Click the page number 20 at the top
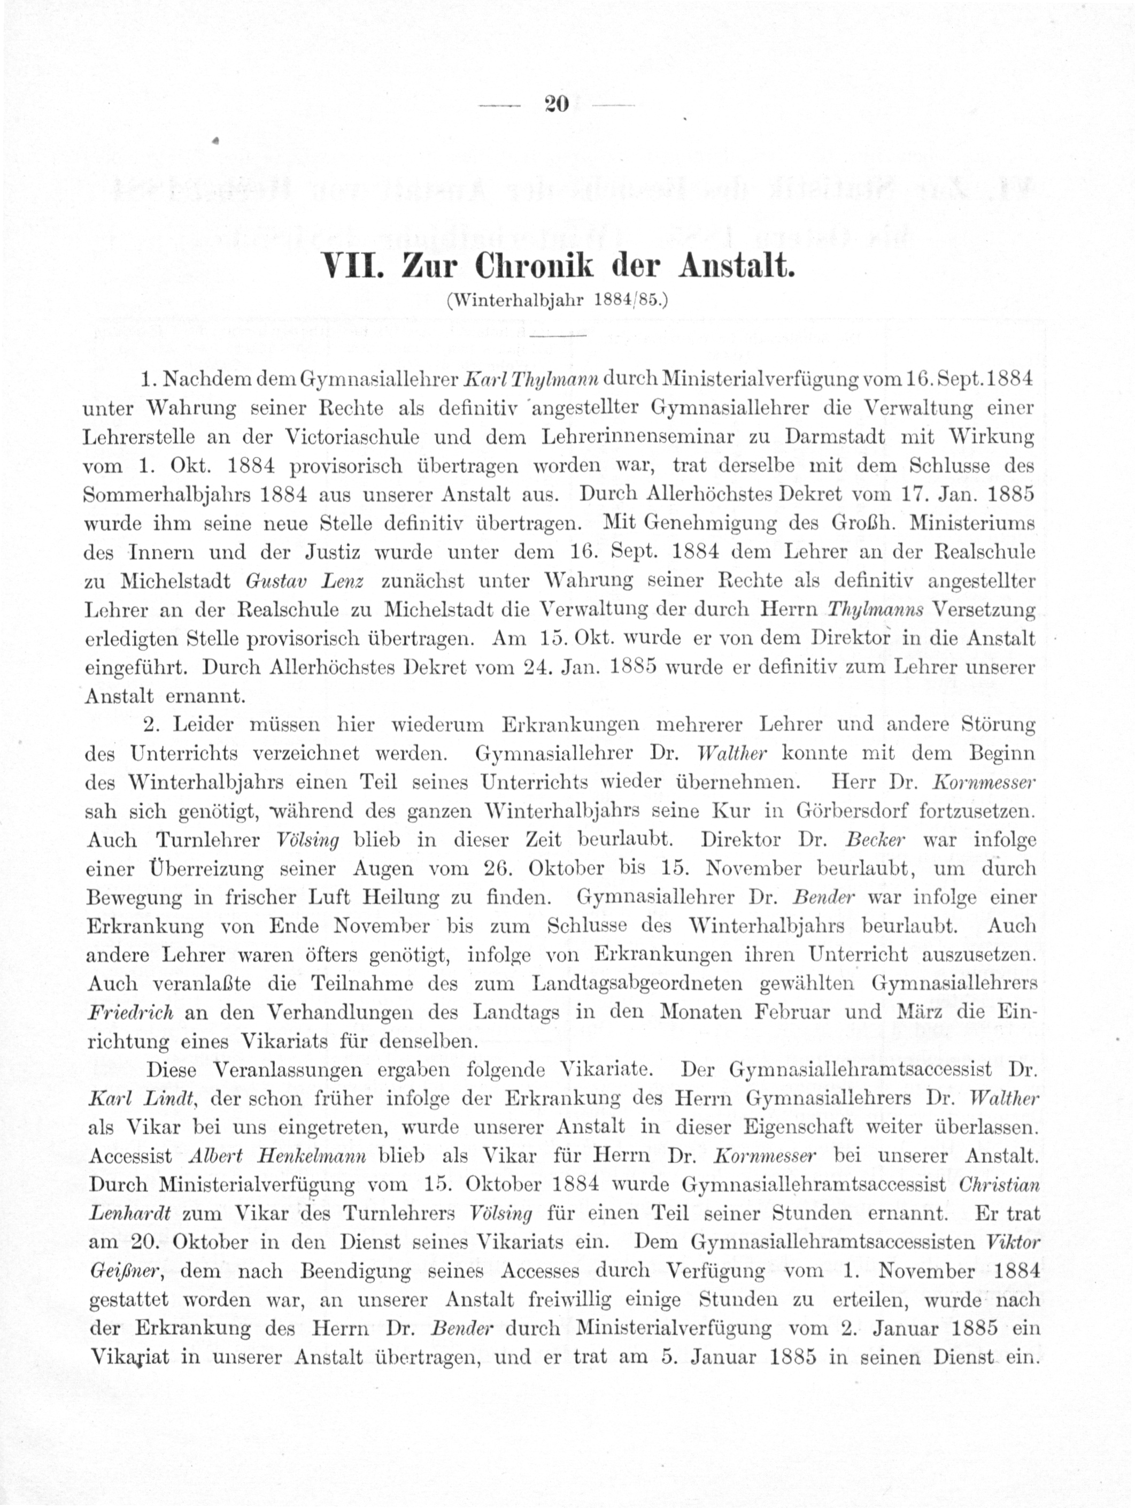coord(557,104)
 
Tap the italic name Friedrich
coord(130,1012)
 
